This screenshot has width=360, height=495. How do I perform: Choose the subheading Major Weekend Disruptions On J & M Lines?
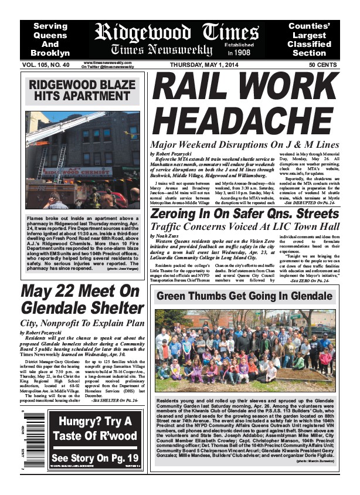(x=244, y=144)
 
